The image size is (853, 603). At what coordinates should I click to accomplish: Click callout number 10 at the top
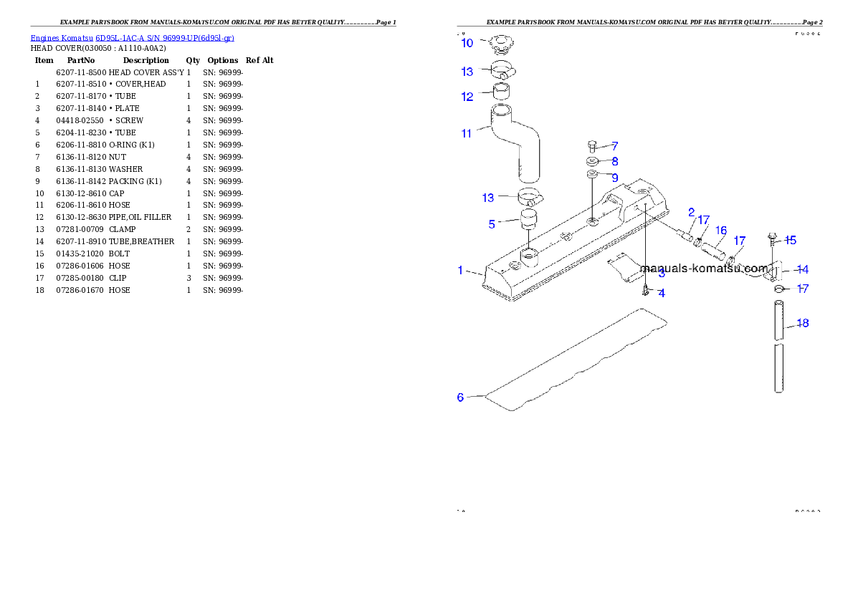click(467, 43)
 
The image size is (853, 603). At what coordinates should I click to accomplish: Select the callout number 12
click(467, 97)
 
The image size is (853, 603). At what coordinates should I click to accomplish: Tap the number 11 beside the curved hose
click(467, 133)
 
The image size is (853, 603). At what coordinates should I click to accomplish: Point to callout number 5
click(492, 224)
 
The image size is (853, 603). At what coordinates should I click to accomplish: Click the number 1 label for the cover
click(461, 270)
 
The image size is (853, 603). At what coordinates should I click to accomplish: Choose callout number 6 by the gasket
click(461, 397)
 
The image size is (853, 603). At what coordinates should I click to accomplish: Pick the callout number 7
click(614, 145)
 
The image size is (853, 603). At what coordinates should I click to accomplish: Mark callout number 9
click(614, 162)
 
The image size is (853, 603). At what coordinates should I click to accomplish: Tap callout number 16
click(614, 177)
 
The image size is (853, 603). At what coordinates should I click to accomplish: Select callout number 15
click(721, 231)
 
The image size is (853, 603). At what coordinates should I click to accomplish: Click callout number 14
click(790, 240)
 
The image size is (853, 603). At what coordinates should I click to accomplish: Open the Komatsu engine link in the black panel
click(132, 38)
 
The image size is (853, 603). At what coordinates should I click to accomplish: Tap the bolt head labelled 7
click(592, 145)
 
